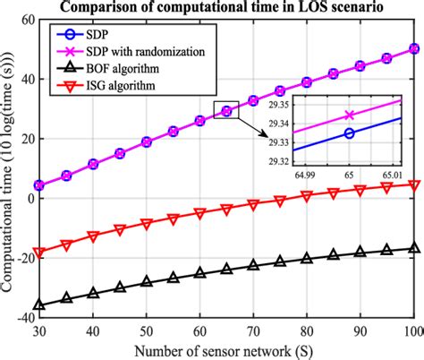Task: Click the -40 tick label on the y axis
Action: point(18,317)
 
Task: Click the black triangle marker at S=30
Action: point(38,305)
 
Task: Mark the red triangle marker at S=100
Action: point(412,185)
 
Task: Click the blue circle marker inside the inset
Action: point(348,133)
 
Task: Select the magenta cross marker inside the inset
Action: point(348,115)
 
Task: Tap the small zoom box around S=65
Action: point(226,110)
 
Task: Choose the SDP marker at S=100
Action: point(412,49)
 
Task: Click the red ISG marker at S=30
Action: point(38,253)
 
